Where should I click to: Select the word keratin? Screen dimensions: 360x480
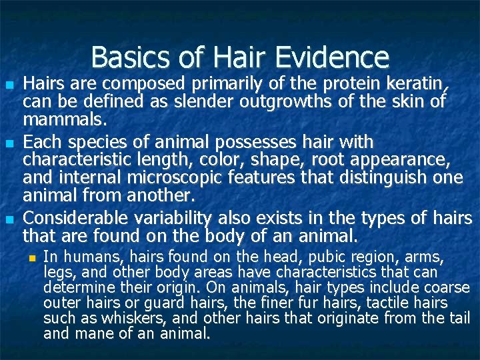click(x=415, y=85)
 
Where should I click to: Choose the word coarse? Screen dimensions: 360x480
click(x=444, y=288)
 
